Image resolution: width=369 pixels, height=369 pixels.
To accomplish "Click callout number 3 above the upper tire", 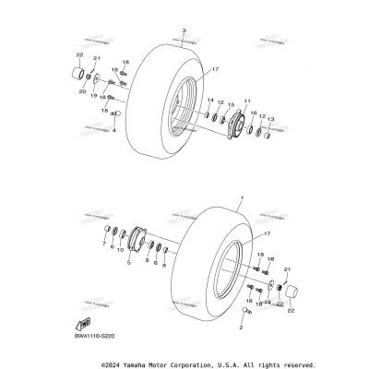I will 184,31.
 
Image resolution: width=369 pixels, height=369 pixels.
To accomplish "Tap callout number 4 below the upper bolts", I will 114,141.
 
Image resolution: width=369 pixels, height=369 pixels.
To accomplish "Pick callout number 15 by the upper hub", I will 232,105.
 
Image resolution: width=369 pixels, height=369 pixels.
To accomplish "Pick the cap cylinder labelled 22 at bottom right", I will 294,294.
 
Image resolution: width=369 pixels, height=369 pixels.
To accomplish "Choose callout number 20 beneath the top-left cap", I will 83,92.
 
